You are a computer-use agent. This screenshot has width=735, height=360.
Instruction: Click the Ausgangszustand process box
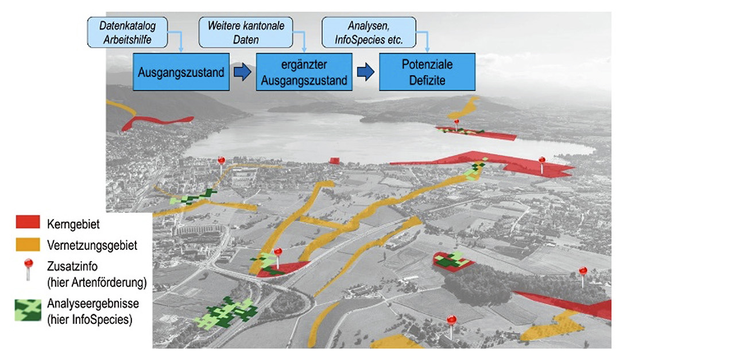point(181,73)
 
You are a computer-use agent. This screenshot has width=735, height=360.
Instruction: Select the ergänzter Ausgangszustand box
point(304,73)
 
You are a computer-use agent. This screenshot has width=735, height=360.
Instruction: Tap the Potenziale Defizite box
point(427,73)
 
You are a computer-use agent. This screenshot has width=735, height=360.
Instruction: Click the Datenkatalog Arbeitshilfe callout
point(127,32)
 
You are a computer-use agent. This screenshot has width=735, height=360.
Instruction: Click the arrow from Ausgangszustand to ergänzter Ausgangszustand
point(243,73)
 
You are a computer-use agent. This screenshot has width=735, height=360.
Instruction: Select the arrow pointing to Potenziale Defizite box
point(365,73)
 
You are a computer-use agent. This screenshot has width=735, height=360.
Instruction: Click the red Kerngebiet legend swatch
point(28,222)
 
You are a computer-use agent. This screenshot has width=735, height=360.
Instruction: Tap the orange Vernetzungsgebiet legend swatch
point(28,245)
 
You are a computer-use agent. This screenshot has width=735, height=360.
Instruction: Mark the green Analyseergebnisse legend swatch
point(28,310)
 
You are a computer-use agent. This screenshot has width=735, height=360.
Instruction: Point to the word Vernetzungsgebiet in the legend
point(92,246)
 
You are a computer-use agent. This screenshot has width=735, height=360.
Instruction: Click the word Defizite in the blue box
point(427,80)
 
